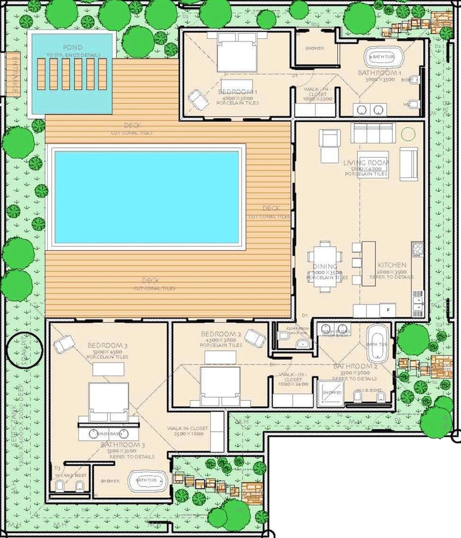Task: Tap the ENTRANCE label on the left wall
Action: (11, 75)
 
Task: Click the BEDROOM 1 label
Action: (237, 92)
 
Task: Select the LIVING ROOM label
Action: (366, 162)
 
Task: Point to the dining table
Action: (324, 266)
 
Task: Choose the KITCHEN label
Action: (392, 266)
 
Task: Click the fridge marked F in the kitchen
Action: (387, 310)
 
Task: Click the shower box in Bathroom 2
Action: (330, 393)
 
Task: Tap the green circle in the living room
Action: (408, 133)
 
